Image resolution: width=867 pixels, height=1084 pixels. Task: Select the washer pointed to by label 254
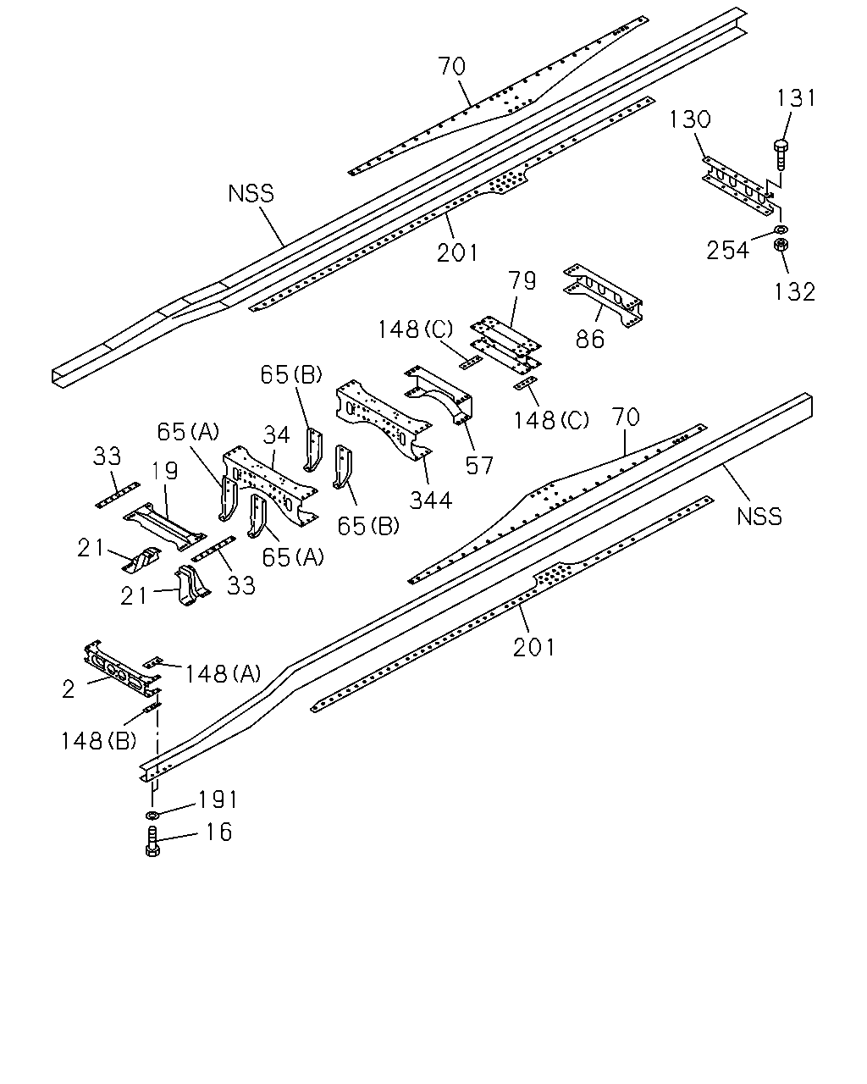click(x=781, y=230)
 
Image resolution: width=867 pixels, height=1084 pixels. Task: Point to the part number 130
click(x=690, y=120)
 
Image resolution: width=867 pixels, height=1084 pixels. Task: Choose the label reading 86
click(x=590, y=340)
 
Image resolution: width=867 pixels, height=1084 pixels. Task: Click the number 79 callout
click(x=522, y=280)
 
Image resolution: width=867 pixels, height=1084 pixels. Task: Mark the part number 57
click(x=479, y=466)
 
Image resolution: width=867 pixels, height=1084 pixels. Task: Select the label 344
click(x=431, y=501)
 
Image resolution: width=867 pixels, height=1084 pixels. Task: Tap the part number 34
click(x=277, y=434)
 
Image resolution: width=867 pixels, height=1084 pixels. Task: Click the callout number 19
click(x=166, y=471)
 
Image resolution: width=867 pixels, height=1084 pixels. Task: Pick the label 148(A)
click(x=224, y=674)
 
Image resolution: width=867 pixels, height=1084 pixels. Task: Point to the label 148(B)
click(x=99, y=741)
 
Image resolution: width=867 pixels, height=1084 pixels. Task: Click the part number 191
click(x=218, y=799)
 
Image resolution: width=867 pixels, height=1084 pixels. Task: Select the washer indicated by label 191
click(x=152, y=815)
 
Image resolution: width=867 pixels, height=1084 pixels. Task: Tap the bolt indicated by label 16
click(x=152, y=841)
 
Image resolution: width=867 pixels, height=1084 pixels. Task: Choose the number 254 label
click(x=727, y=250)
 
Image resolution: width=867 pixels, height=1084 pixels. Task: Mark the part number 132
click(x=794, y=291)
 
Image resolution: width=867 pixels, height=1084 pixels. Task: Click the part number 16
click(x=218, y=832)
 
